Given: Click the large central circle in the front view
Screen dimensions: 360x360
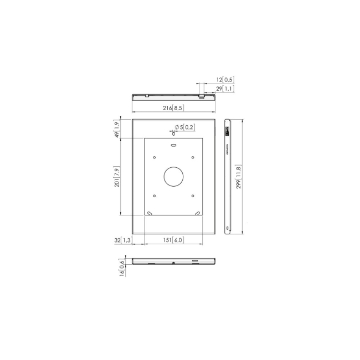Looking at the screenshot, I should [x=173, y=177].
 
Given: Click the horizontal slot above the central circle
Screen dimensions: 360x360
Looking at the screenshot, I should [x=173, y=145].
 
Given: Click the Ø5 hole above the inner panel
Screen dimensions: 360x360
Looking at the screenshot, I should [x=173, y=133].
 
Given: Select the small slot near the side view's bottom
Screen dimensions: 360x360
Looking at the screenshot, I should [x=227, y=228].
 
